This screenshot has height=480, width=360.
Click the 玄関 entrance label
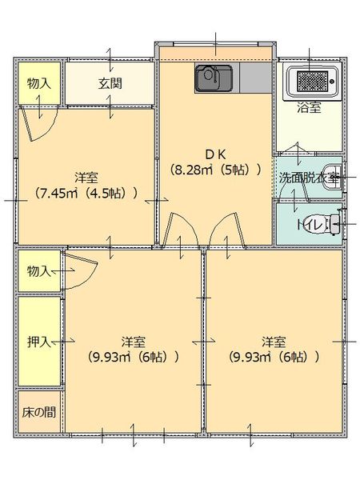pos(110,82)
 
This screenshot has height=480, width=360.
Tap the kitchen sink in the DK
pos(214,78)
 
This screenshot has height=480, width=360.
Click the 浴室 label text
pos(309,108)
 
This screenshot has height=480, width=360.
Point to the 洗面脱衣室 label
pos(308,178)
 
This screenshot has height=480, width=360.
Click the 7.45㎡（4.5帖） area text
pos(86,193)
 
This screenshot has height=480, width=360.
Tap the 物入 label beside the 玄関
pos(38,82)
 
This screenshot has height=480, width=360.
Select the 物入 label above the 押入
pos(38,270)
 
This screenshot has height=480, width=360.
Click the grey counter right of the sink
pos(254,78)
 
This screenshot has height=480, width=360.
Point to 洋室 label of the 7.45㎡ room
pos(86,176)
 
